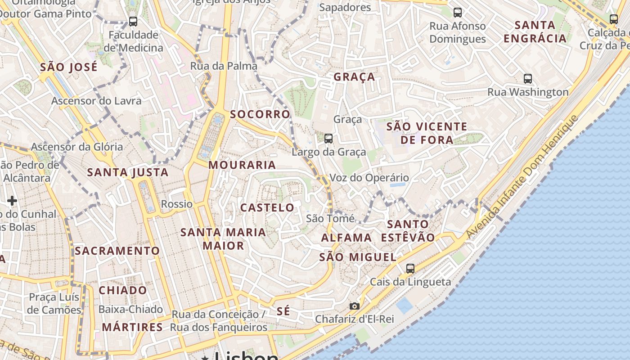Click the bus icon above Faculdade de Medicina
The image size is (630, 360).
(x=133, y=21)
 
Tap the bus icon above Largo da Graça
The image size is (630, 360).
(x=328, y=138)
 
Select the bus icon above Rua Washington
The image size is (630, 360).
(x=528, y=79)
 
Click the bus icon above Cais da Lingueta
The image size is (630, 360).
(x=410, y=269)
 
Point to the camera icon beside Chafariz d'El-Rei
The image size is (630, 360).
(x=355, y=306)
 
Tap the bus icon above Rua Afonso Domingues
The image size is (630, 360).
(x=458, y=13)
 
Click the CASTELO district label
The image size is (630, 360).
(x=267, y=207)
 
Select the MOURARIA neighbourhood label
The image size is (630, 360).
(x=242, y=165)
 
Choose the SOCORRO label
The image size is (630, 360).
(x=260, y=114)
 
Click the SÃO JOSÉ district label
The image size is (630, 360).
(x=68, y=67)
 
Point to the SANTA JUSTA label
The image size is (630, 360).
(x=128, y=172)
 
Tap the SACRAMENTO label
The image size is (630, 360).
(x=117, y=251)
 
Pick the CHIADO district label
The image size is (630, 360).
(x=122, y=290)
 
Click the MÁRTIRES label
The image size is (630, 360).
(x=132, y=327)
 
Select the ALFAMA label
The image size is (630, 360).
(x=346, y=238)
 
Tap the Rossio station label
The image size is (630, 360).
(x=177, y=204)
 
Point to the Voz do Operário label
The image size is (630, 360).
(x=369, y=177)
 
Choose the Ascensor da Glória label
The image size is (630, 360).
(x=77, y=147)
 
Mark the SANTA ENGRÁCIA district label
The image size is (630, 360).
(x=535, y=31)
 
